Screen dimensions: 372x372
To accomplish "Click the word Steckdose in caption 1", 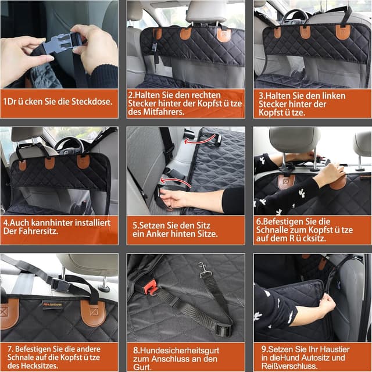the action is tap(92, 102).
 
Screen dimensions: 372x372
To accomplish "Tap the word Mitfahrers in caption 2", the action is tap(163, 112).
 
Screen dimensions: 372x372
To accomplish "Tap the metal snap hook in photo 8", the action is tap(203, 270).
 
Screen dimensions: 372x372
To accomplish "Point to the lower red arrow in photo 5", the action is tap(174, 181).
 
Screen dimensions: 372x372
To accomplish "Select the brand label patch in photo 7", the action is tap(52, 305).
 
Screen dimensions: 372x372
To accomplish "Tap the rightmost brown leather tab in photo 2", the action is tap(224, 35).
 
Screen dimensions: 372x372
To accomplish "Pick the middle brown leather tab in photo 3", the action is tap(305, 32).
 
